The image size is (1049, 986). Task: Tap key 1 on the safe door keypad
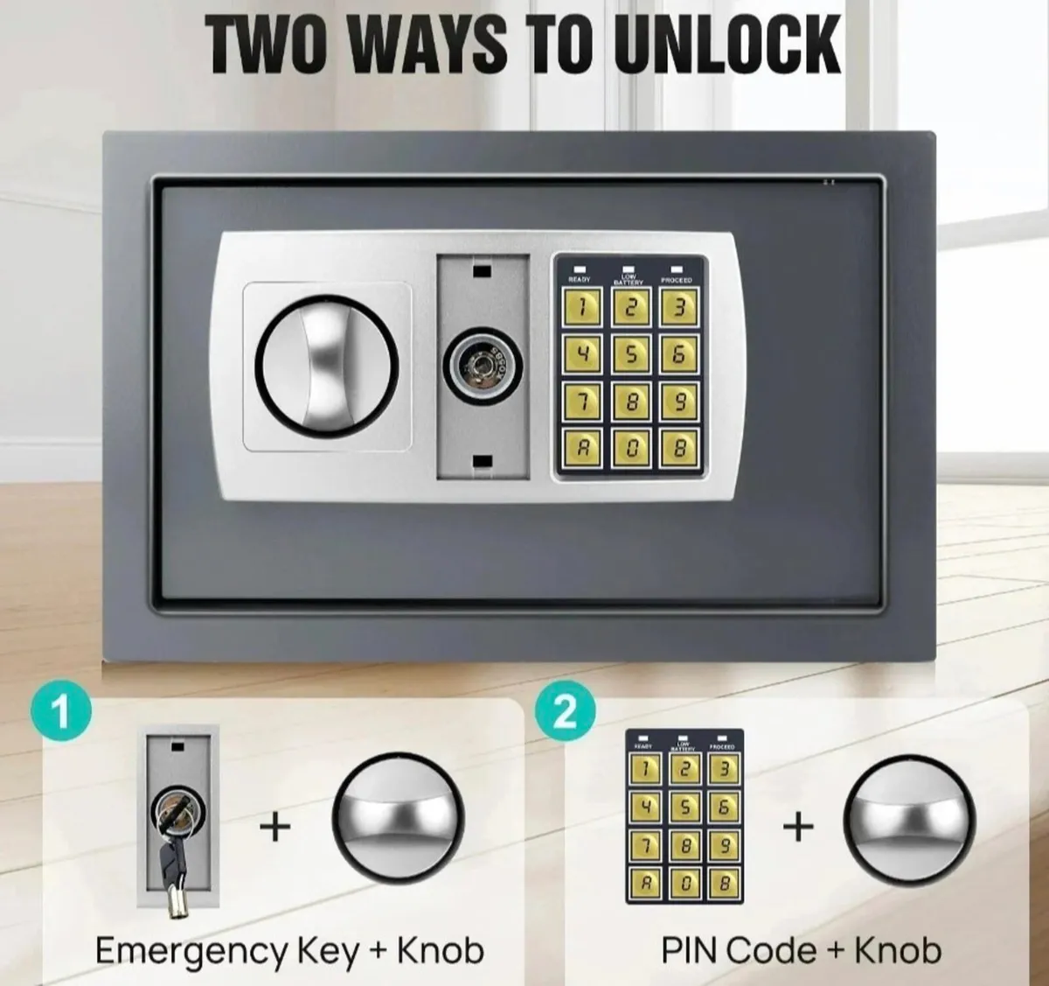point(581,307)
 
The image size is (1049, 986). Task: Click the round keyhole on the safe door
point(483,360)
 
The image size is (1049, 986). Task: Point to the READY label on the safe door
point(580,279)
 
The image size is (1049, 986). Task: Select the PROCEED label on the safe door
point(677,279)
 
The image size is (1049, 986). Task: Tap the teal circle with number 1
point(60,711)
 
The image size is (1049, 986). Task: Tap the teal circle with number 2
point(566,711)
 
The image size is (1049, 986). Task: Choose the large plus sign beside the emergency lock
point(275,825)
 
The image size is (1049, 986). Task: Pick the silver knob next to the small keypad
point(908,825)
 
